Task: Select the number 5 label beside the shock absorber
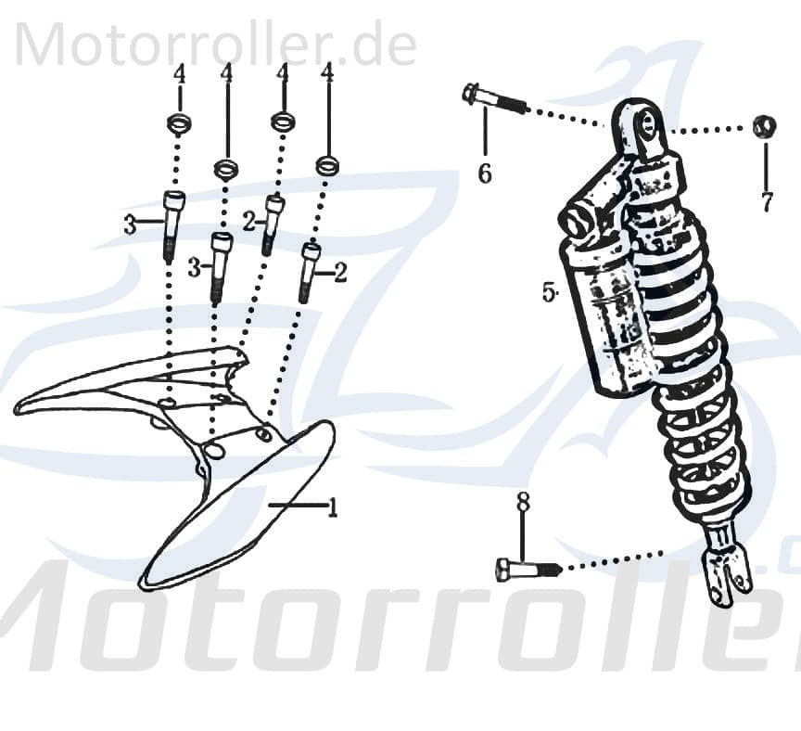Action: pyautogui.click(x=548, y=291)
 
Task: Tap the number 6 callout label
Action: pyautogui.click(x=484, y=173)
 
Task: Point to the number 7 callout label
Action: pyautogui.click(x=766, y=201)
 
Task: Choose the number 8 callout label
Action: pyautogui.click(x=523, y=502)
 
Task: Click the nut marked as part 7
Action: pyautogui.click(x=764, y=127)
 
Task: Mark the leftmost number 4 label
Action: pyautogui.click(x=180, y=73)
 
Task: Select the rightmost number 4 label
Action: pyautogui.click(x=326, y=71)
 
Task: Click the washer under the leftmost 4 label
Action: pyautogui.click(x=179, y=122)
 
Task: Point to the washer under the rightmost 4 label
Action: pyautogui.click(x=326, y=166)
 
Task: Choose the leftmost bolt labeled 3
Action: pyautogui.click(x=172, y=224)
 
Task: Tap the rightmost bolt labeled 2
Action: pyautogui.click(x=309, y=270)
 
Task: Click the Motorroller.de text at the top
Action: pyautogui.click(x=216, y=44)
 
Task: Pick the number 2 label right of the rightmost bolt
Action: pyautogui.click(x=340, y=272)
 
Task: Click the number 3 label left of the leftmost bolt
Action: pyautogui.click(x=131, y=224)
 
